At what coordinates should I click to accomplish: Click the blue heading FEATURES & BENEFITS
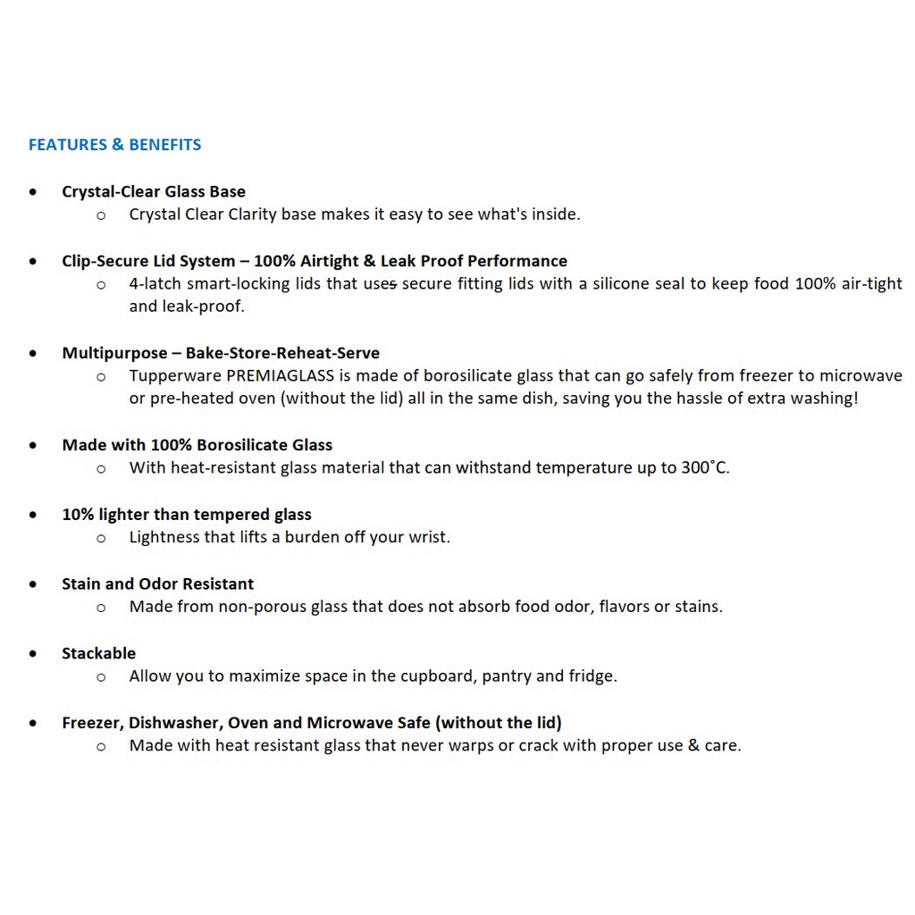click(114, 145)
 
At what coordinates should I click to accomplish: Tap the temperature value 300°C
click(705, 467)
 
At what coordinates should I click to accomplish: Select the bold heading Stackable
click(98, 653)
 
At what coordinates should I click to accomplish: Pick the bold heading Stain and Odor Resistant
click(157, 584)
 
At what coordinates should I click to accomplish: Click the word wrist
click(429, 537)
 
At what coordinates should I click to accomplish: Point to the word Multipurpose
click(114, 353)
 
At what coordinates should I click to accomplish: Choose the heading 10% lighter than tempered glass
click(186, 515)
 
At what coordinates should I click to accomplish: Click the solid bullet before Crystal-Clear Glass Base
click(33, 192)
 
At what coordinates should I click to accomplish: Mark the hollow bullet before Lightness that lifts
click(101, 538)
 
